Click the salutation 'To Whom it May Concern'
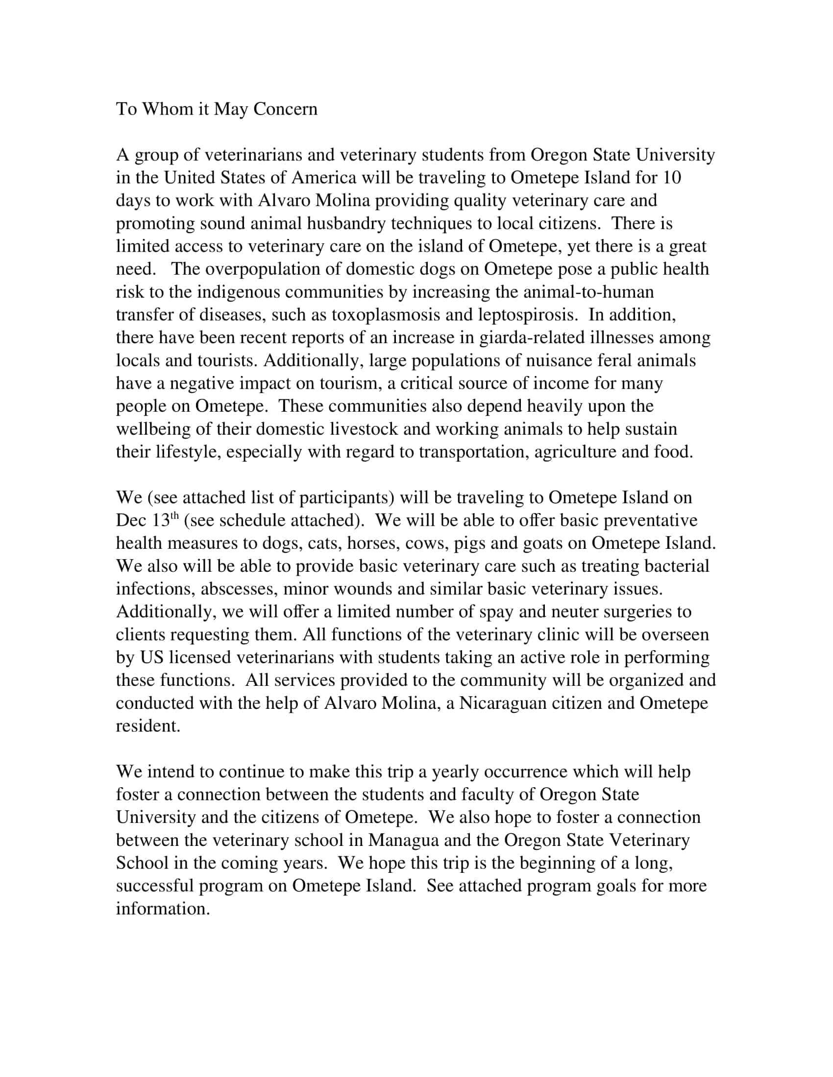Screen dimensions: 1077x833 click(x=216, y=109)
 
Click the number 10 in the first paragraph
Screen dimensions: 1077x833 click(x=671, y=178)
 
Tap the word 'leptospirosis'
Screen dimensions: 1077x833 click(x=527, y=315)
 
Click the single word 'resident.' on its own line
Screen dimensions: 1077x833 click(x=148, y=726)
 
